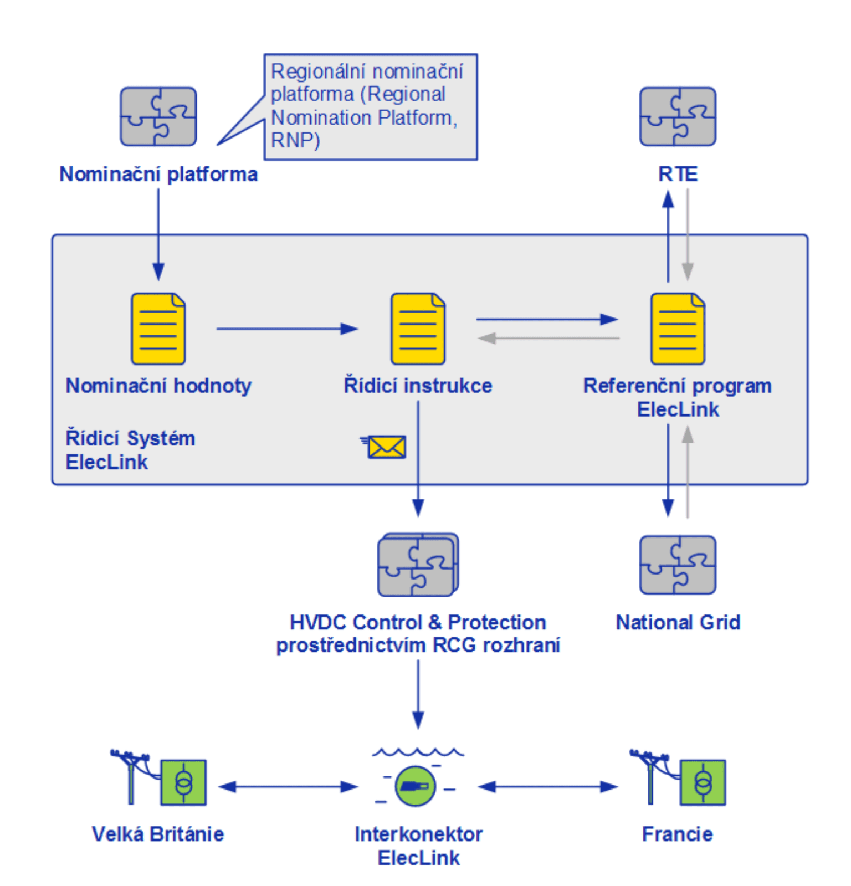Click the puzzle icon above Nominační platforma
coord(158,116)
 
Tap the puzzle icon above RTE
coord(678,116)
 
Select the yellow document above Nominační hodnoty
coord(158,329)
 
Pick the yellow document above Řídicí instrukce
coord(418,329)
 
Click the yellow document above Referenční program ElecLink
coord(678,329)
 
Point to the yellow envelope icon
coord(386,447)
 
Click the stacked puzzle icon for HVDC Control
coord(418,565)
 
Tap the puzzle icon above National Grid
coord(678,565)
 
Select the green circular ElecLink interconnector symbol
coord(416,786)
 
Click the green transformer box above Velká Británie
coord(183,782)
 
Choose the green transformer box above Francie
coord(703,782)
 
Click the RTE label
coord(678,174)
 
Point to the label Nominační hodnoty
coord(158,386)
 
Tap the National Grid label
coord(678,622)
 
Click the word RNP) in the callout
coord(295,141)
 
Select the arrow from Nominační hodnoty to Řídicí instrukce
coord(286,329)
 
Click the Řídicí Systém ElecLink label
coord(130,450)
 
